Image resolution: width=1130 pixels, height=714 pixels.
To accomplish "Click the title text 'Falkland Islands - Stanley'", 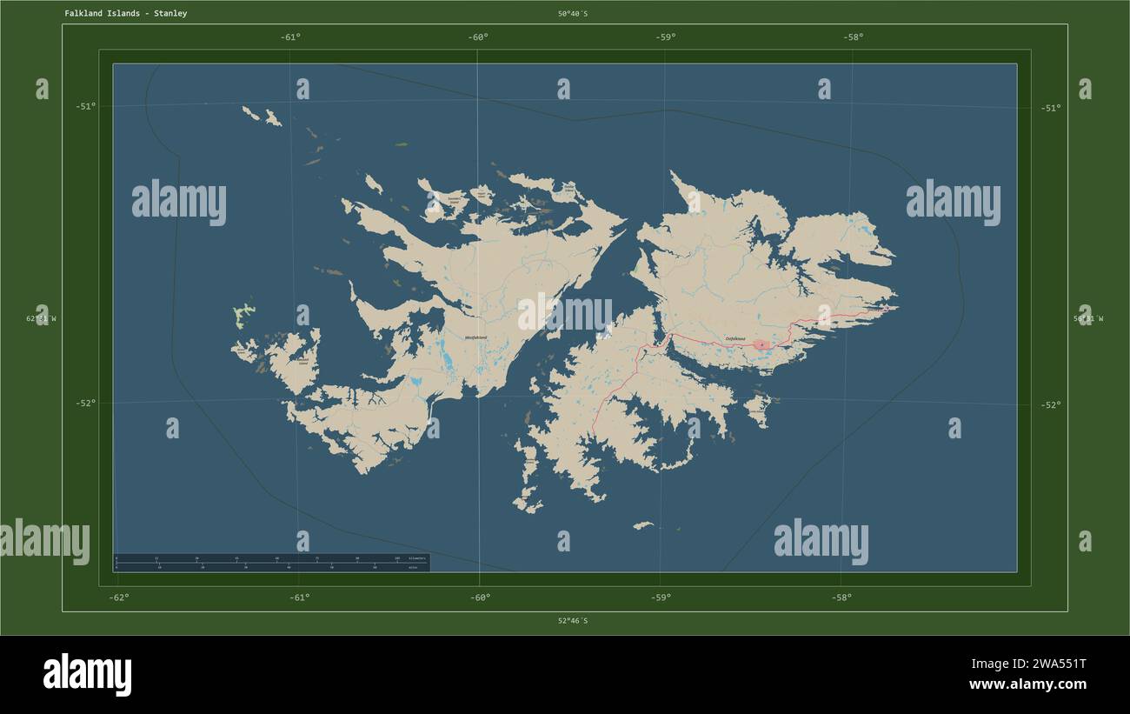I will [x=125, y=14].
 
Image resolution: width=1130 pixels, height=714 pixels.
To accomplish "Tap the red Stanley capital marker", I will [x=761, y=344].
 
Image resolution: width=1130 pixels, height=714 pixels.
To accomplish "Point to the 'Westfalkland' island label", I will [x=475, y=337].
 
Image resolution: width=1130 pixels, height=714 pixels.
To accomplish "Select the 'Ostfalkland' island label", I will [x=736, y=339].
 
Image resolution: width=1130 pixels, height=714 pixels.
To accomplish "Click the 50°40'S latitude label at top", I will [x=573, y=14].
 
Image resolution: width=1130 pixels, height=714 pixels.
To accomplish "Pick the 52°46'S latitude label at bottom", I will [x=573, y=621].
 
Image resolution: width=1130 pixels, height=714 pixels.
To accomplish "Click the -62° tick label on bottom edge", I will [x=119, y=597].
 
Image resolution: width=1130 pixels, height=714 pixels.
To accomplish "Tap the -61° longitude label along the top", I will [x=290, y=37].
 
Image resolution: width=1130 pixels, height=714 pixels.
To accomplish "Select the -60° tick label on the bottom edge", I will [x=480, y=597].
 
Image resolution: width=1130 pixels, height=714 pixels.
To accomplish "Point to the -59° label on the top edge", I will [x=666, y=37].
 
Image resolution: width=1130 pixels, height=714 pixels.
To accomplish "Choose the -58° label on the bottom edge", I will [x=841, y=597].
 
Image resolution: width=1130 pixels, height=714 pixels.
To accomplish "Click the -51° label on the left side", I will [x=86, y=107].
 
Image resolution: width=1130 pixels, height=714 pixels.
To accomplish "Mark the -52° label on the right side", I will [x=1051, y=404].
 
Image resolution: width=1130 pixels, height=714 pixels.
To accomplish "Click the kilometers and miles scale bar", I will [x=271, y=562].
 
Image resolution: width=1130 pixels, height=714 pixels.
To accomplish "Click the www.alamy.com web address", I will [x=1029, y=684].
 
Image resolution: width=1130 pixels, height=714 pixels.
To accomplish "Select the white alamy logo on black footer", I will [x=87, y=675].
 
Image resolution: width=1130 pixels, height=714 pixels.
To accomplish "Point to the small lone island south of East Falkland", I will [x=642, y=525].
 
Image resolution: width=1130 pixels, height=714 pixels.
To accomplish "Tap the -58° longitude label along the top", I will [x=853, y=37].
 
